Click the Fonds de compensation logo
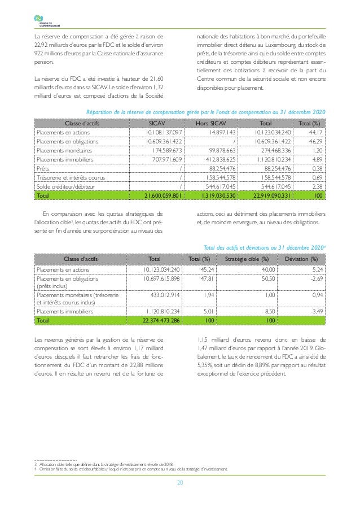[42, 21]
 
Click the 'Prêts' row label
[42, 168]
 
